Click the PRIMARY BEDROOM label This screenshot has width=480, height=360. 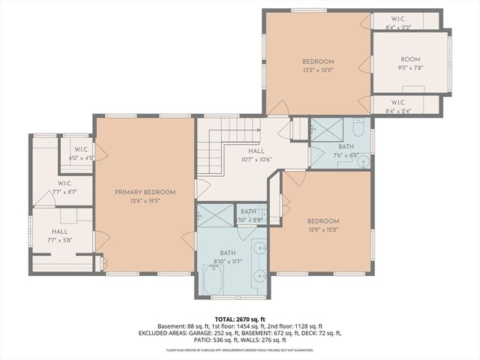point(145,192)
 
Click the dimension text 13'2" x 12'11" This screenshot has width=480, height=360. point(318,70)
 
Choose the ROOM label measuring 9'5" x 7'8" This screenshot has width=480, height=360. point(410,59)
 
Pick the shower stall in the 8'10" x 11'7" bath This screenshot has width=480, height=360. point(215,215)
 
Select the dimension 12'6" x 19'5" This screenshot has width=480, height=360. point(145,201)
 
